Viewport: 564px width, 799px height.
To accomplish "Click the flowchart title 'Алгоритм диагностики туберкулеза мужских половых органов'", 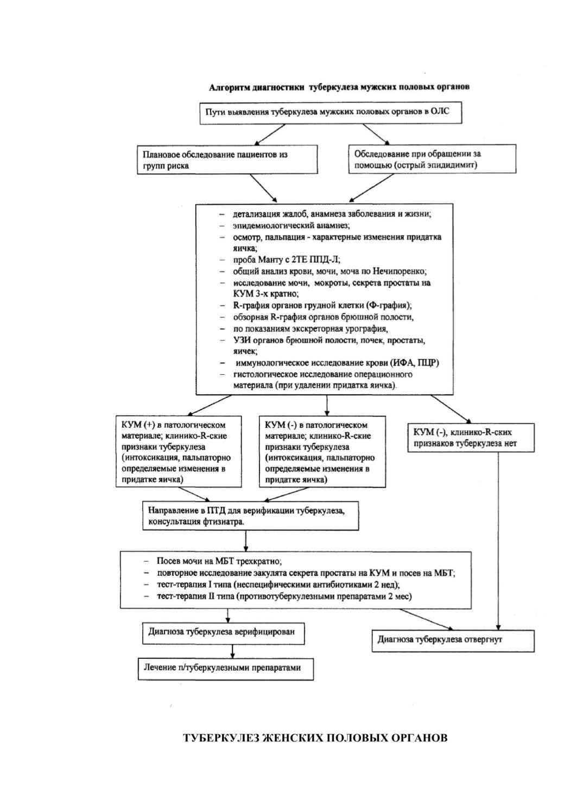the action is [339, 87].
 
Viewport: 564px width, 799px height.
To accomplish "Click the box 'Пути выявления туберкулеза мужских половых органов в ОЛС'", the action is [331, 113].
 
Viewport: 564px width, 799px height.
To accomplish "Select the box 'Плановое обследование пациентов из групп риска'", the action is [227, 160].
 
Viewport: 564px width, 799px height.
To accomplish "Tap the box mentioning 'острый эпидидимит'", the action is [432, 159].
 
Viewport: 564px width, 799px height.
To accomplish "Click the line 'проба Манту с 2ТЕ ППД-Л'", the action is [287, 260].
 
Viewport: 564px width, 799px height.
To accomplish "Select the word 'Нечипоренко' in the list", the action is [400, 271].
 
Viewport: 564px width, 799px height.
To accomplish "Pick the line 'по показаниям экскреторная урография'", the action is [310, 329].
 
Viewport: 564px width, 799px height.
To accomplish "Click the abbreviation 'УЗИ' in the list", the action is [241, 340].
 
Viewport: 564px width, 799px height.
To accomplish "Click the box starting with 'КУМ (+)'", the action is [179, 451].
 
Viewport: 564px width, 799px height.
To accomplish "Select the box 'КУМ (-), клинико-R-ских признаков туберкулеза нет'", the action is [471, 438].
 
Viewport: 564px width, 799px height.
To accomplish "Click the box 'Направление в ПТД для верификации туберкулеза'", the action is [251, 516].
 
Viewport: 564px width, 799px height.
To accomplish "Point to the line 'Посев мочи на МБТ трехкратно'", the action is [219, 561].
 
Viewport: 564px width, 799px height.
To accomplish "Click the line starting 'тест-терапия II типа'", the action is [284, 596].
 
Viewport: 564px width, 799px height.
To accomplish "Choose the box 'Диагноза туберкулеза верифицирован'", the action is [224, 633].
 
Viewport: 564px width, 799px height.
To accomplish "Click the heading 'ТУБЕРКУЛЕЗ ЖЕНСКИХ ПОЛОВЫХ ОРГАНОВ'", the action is [315, 738].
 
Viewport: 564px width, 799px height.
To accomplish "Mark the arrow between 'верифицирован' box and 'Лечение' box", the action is [233, 651].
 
